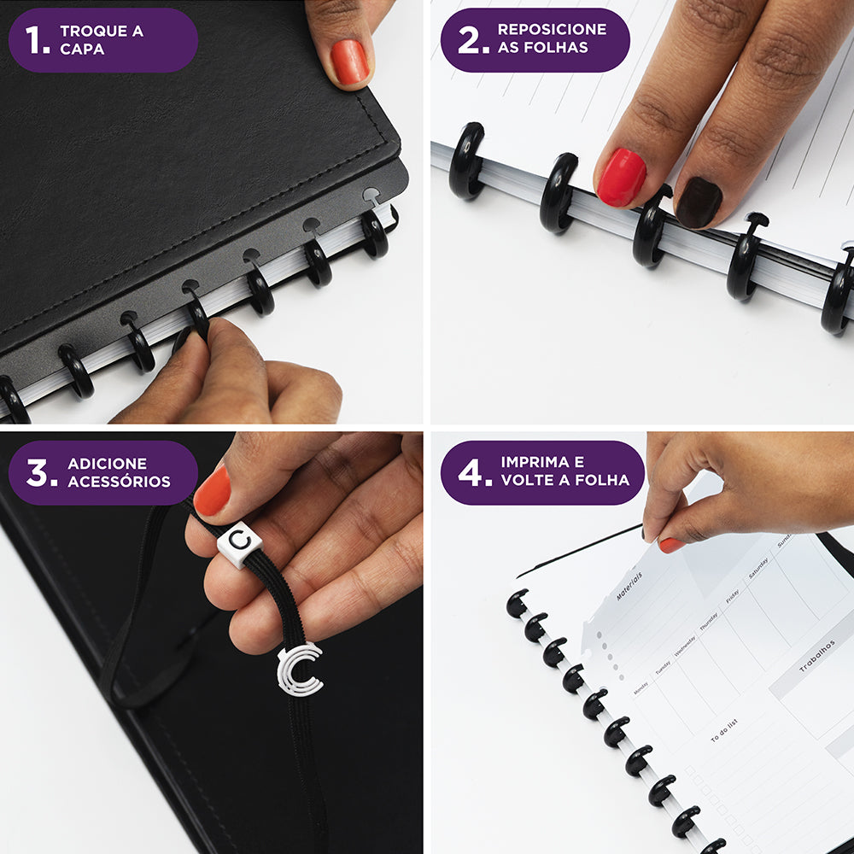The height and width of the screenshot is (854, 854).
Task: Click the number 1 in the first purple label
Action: pos(36,39)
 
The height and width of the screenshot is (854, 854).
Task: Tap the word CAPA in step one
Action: pos(82,50)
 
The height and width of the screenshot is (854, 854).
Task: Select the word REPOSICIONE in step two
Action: pos(552,29)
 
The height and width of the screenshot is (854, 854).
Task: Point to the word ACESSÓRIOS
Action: pos(119,482)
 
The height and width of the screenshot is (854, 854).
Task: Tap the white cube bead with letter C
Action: pos(238,541)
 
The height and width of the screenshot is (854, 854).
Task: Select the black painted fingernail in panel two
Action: pos(699,202)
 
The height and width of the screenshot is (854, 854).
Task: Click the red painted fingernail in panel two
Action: pos(621,178)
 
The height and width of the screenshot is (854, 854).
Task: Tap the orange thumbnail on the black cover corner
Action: pos(349,62)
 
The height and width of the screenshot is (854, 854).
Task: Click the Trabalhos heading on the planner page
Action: pos(816,657)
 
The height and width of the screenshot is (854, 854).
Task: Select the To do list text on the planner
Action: pos(723,730)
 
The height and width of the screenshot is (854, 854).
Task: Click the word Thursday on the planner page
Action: pos(709,621)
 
